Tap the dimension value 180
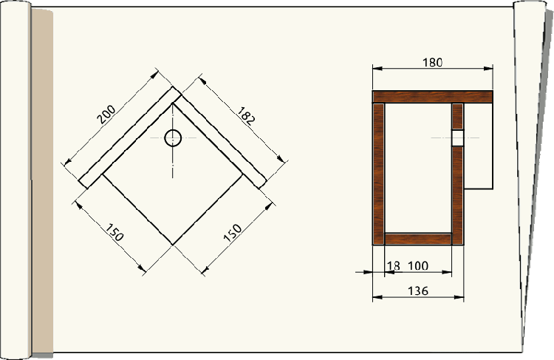(x=433, y=63)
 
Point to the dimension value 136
(x=418, y=291)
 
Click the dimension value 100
(x=417, y=265)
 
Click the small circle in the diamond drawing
(x=173, y=138)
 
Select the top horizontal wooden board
(x=432, y=96)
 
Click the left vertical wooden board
(x=379, y=173)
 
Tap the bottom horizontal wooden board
(x=418, y=238)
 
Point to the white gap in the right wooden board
(x=457, y=137)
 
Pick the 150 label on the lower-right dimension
(x=233, y=231)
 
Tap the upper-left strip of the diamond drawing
(x=129, y=137)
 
